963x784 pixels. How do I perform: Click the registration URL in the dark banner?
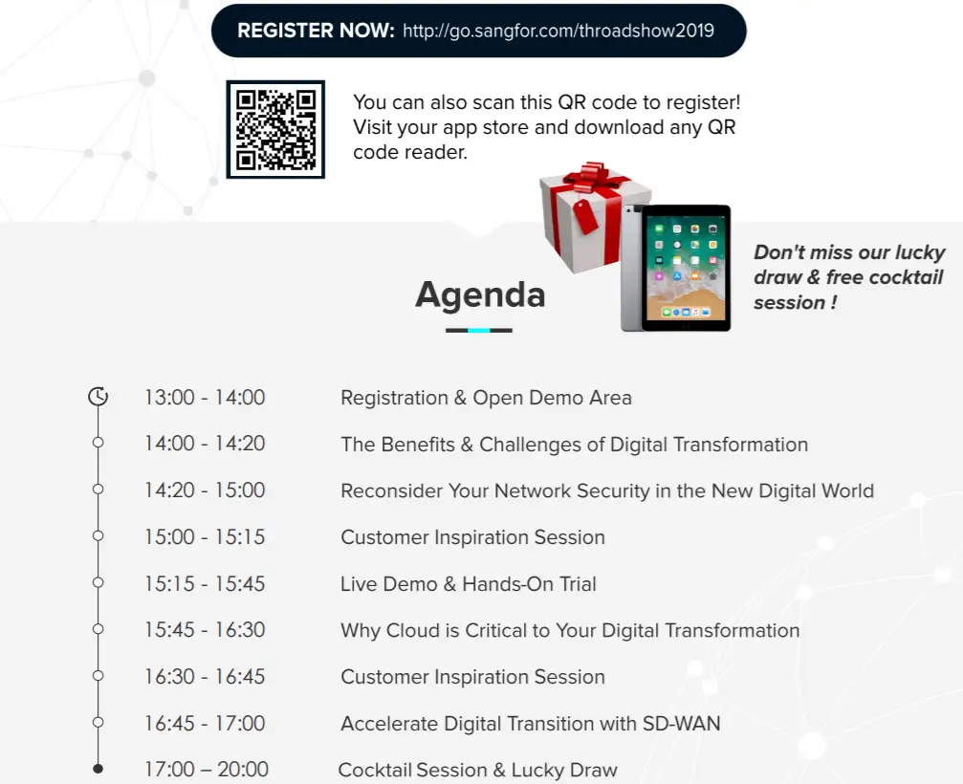[x=558, y=31]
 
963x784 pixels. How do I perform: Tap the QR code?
[x=275, y=129]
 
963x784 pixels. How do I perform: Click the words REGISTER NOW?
[x=316, y=30]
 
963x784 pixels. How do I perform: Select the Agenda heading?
[x=480, y=295]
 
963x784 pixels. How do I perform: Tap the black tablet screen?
[x=686, y=269]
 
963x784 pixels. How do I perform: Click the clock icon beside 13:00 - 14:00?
[x=98, y=397]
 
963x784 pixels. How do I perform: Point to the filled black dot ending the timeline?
[x=98, y=768]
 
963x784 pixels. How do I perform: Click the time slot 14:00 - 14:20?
[x=205, y=444]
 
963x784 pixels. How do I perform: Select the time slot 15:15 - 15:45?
[x=205, y=583]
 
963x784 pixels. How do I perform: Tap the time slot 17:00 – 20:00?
[x=207, y=770]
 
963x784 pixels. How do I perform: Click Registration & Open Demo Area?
[x=486, y=398]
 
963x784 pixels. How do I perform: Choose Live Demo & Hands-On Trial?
[x=468, y=584]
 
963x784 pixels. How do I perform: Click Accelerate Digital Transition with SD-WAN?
[x=531, y=724]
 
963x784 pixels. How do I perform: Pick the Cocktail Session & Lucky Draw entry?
[x=478, y=770]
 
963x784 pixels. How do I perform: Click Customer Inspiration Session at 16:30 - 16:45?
[x=473, y=677]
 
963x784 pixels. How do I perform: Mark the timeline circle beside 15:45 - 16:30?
[x=98, y=629]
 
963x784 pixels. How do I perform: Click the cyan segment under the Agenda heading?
[x=479, y=330]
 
